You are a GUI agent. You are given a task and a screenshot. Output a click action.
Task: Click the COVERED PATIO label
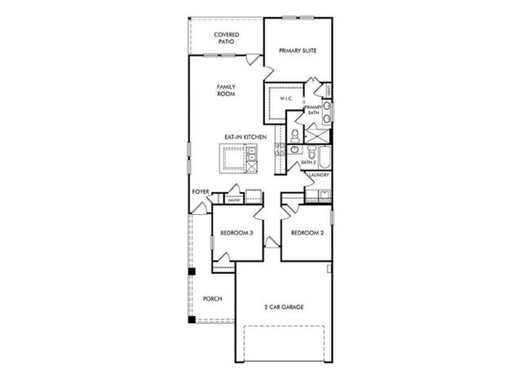pyautogui.click(x=227, y=38)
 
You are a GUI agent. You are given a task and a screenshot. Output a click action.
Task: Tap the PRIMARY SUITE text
pyautogui.click(x=297, y=50)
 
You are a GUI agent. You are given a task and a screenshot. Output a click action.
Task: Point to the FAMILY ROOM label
pyautogui.click(x=226, y=90)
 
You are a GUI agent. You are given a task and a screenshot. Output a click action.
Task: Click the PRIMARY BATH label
pyautogui.click(x=313, y=111)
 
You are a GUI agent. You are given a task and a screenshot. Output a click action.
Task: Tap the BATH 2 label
pyautogui.click(x=308, y=163)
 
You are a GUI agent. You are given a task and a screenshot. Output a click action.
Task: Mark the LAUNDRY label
pyautogui.click(x=319, y=174)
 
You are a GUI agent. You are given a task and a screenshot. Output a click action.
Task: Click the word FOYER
pyautogui.click(x=201, y=191)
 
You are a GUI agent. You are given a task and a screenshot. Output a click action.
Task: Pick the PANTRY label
pyautogui.click(x=233, y=199)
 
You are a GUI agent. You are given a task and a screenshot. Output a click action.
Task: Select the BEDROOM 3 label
pyautogui.click(x=237, y=235)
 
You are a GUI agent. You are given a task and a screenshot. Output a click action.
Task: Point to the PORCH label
pyautogui.click(x=212, y=298)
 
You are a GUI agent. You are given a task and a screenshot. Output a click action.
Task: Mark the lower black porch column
pyautogui.click(x=192, y=319)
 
